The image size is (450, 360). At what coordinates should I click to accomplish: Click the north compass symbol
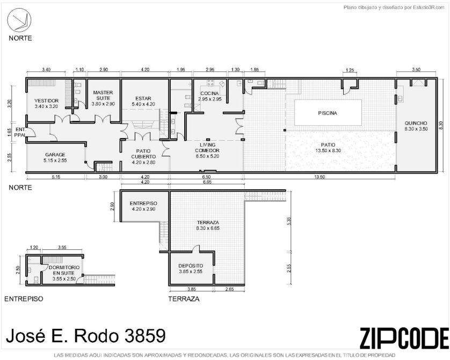(19, 20)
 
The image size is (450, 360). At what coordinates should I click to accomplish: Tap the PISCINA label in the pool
(328, 113)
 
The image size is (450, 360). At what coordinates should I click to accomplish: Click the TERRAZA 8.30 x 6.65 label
(208, 225)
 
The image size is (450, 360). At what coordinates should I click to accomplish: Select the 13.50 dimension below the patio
(320, 177)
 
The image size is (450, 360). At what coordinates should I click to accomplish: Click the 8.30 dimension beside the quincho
(441, 126)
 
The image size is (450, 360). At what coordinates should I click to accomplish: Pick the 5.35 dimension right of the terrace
(289, 220)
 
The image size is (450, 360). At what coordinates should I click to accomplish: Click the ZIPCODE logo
(404, 338)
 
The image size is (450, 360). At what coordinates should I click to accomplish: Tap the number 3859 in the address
(145, 336)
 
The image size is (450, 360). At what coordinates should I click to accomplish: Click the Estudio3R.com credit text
(429, 8)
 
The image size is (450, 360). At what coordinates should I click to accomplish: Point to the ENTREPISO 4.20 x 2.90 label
(143, 206)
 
